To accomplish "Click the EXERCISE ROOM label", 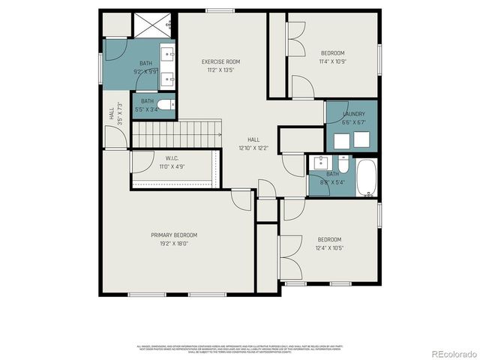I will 220,61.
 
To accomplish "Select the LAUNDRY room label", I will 353,114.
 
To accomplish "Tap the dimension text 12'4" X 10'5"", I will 329,248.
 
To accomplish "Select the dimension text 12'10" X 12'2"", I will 253,148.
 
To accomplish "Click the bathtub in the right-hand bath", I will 366,177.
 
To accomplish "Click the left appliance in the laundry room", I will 341,140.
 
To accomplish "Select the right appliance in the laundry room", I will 364,140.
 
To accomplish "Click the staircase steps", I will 175,135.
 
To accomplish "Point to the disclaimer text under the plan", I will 240,349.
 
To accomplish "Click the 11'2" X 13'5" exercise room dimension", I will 220,70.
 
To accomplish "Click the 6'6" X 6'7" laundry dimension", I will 353,121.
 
